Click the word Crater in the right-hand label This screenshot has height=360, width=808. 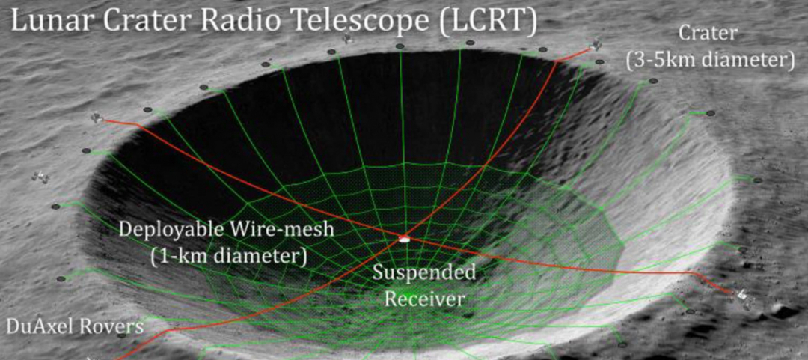708,34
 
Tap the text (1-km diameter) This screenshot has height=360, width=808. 228,255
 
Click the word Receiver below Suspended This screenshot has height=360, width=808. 425,299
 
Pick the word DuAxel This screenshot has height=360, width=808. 37,327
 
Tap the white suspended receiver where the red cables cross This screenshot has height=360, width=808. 405,238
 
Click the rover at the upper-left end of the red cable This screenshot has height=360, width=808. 97,118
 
